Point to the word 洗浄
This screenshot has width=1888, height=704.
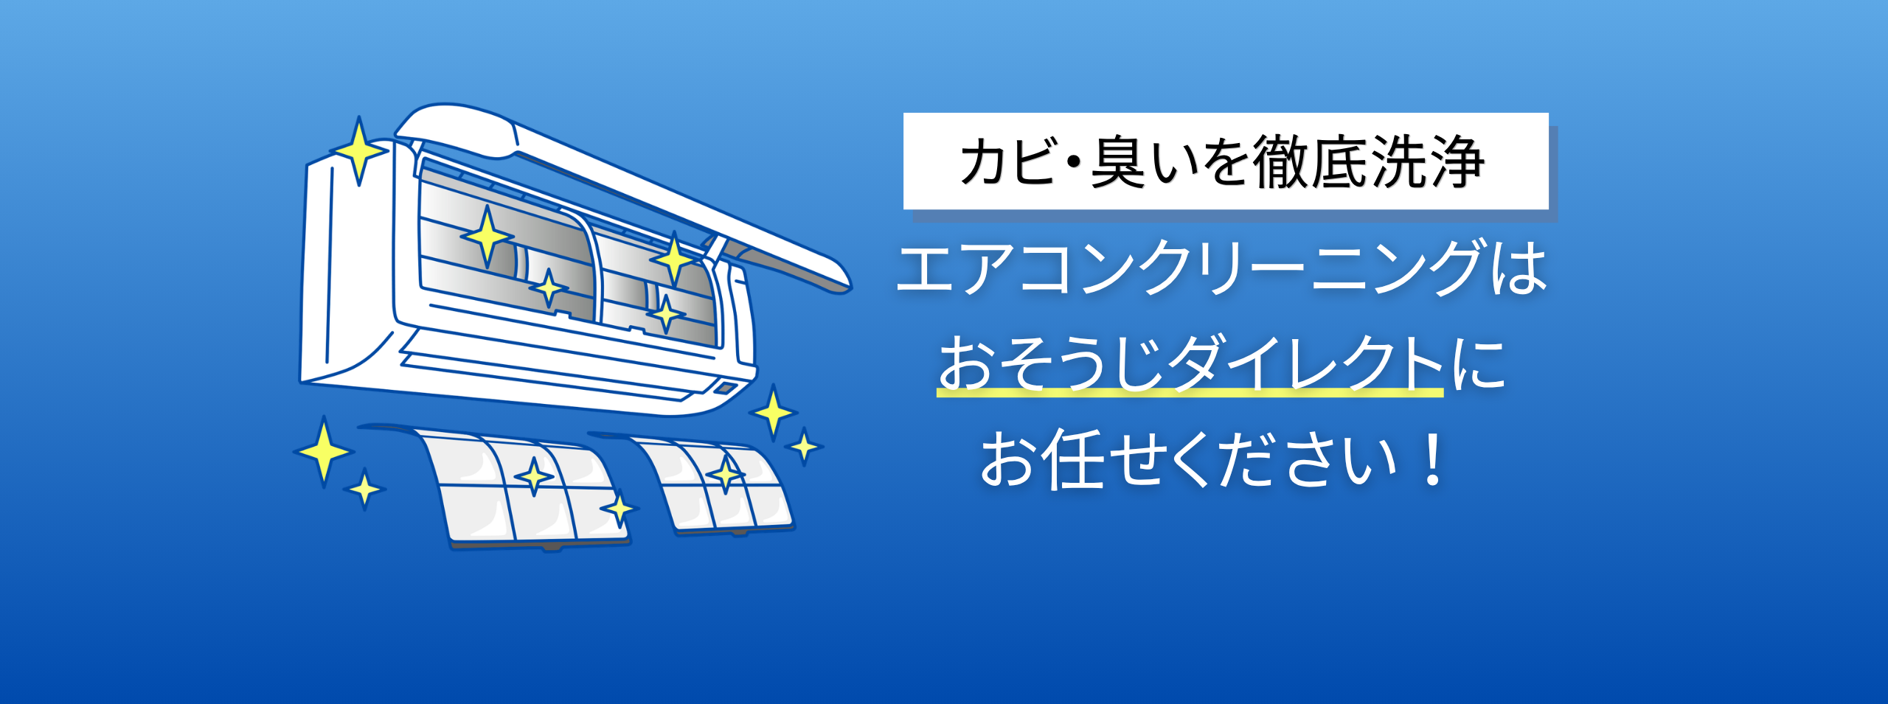[x=1427, y=161]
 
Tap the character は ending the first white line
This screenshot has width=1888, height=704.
[x=1518, y=267]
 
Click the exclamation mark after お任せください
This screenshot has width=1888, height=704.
[x=1434, y=459]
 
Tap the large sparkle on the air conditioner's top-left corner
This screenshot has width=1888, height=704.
[x=358, y=150]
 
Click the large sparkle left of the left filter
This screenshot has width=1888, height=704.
[x=323, y=450]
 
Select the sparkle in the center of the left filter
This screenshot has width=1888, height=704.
[x=534, y=476]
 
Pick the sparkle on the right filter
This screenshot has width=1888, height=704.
[x=726, y=474]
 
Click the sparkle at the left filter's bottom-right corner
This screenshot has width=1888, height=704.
[x=619, y=509]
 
